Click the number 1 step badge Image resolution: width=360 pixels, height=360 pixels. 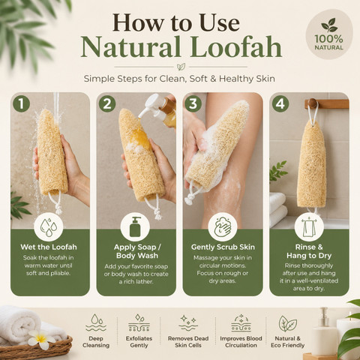point(22,103)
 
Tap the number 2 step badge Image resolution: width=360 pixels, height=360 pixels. point(107,103)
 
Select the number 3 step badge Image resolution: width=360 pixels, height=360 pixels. point(193,103)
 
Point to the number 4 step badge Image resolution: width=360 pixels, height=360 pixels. point(280,103)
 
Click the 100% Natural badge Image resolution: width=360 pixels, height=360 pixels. point(328,34)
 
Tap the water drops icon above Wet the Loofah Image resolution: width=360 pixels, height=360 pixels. point(48,227)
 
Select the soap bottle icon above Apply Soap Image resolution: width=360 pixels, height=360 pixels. point(135,227)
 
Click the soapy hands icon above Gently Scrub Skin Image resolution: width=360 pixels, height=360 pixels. point(223,227)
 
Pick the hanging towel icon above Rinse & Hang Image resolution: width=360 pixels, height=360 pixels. point(309,227)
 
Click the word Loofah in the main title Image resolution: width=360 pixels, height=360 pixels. point(237,47)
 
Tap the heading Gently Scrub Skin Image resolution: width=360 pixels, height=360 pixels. point(223,247)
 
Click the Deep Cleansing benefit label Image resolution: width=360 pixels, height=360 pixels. point(96,342)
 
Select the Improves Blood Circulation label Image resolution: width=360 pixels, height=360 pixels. point(241,342)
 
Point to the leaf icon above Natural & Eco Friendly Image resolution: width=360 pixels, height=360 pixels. point(287,323)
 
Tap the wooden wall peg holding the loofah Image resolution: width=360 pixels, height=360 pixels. point(313,103)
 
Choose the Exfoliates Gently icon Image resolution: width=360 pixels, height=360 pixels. point(139,323)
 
